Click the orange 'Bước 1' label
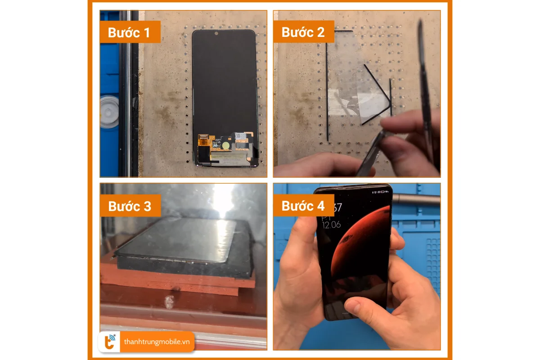point(130,32)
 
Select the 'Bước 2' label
point(303,32)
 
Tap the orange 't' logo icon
point(109,342)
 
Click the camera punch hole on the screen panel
point(216,33)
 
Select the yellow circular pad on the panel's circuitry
point(224,145)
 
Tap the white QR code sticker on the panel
point(241,135)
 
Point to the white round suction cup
point(109,111)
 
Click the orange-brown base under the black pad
point(180,281)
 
